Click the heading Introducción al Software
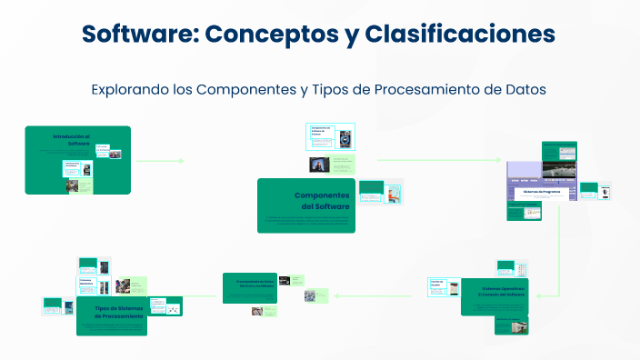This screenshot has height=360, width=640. (x=72, y=139)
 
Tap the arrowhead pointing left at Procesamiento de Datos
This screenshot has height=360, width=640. (x=336, y=295)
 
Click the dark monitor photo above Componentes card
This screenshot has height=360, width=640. (x=319, y=165)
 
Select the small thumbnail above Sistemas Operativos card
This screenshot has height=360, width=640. (x=506, y=267)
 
